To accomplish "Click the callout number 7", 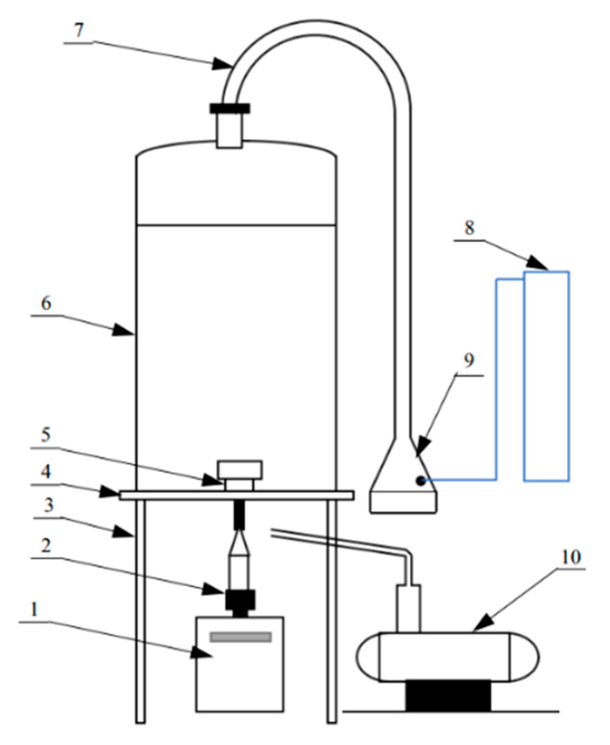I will point(78,30).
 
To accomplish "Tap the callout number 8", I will point(469,228).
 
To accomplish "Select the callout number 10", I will point(572,557).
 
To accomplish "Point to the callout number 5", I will point(46,434).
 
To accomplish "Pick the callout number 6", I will point(46,303).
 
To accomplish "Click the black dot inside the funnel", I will point(420,480).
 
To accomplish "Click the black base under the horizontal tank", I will point(448,695).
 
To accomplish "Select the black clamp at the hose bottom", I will point(230,108).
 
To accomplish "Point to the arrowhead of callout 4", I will point(111,492).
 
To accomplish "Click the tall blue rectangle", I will point(546,377).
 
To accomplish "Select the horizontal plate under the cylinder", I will point(236,495).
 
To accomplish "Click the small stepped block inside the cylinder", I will point(239,475).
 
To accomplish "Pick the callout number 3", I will point(48,505).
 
